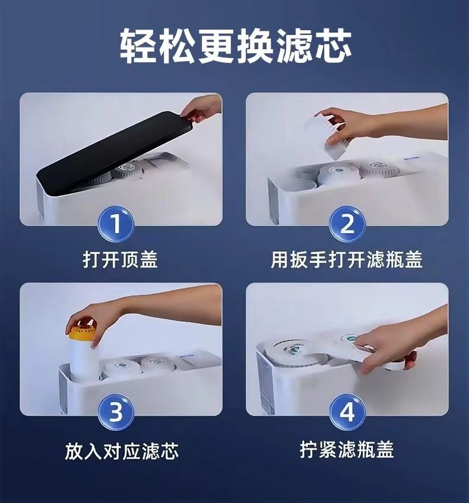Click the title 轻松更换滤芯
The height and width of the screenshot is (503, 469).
pyautogui.click(x=236, y=46)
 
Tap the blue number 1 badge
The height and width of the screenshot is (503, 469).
pyautogui.click(x=116, y=224)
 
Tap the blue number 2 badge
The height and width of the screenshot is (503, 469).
pyautogui.click(x=347, y=224)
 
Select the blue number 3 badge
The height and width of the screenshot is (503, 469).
pyautogui.click(x=116, y=412)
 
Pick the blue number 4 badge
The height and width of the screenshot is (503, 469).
pyautogui.click(x=347, y=412)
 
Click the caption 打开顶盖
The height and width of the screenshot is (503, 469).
pyautogui.click(x=120, y=259)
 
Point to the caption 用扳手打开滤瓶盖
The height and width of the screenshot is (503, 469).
pyautogui.click(x=347, y=259)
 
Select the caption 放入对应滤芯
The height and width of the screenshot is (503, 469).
pyautogui.click(x=122, y=451)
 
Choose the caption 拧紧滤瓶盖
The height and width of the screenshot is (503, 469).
pyautogui.click(x=347, y=450)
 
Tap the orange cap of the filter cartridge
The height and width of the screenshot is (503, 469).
pyautogui.click(x=81, y=330)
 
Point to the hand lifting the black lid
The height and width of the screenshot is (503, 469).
pyautogui.click(x=202, y=109)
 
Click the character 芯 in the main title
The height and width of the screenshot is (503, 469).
pyautogui.click(x=334, y=46)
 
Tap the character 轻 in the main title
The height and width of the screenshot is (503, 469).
pyautogui.click(x=138, y=46)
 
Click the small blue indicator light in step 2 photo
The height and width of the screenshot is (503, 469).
pyautogui.click(x=412, y=158)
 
